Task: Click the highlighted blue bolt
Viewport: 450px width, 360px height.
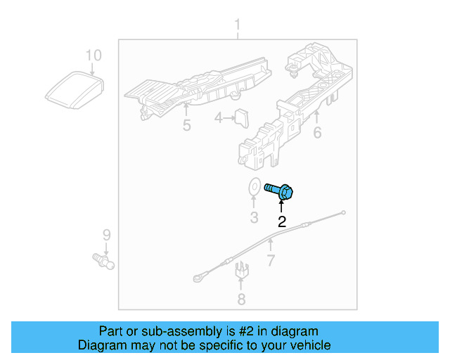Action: [x=280, y=190]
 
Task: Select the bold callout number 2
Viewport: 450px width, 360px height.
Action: [x=282, y=222]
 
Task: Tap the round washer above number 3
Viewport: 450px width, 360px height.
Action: [x=254, y=188]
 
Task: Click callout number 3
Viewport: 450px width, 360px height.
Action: [x=254, y=217]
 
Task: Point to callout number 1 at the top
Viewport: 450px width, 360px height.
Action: [x=237, y=27]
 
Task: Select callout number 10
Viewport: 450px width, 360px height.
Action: [x=94, y=55]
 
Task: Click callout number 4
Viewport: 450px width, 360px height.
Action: [x=219, y=119]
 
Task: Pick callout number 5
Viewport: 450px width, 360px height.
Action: [x=186, y=126]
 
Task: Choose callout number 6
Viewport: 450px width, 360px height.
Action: [x=317, y=131]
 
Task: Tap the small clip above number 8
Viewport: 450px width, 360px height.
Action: [x=241, y=269]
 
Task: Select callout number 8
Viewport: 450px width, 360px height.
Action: [x=241, y=300]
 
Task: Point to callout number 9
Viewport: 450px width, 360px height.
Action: [x=107, y=234]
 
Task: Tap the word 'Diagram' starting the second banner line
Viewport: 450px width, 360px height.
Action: [x=100, y=345]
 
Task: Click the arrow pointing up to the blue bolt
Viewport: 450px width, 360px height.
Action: [x=282, y=206]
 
